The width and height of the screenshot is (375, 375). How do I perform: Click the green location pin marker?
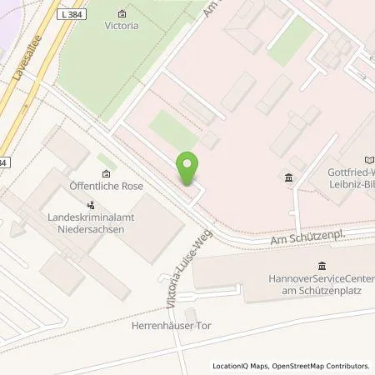(x=187, y=168)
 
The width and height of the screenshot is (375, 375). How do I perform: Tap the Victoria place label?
(x=122, y=26)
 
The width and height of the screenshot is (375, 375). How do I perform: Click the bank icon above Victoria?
(x=122, y=14)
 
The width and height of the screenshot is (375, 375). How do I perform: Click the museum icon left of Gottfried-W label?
(x=288, y=177)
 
